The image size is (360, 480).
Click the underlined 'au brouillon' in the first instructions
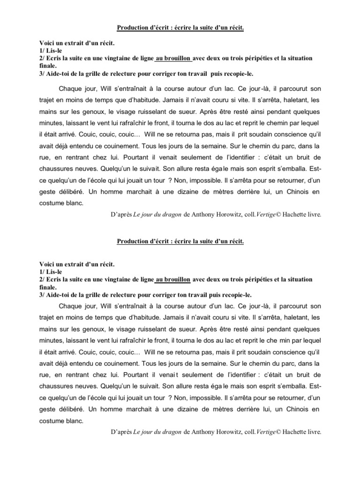[x=172, y=58]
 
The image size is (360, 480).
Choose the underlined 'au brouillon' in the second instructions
[x=172, y=279]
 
